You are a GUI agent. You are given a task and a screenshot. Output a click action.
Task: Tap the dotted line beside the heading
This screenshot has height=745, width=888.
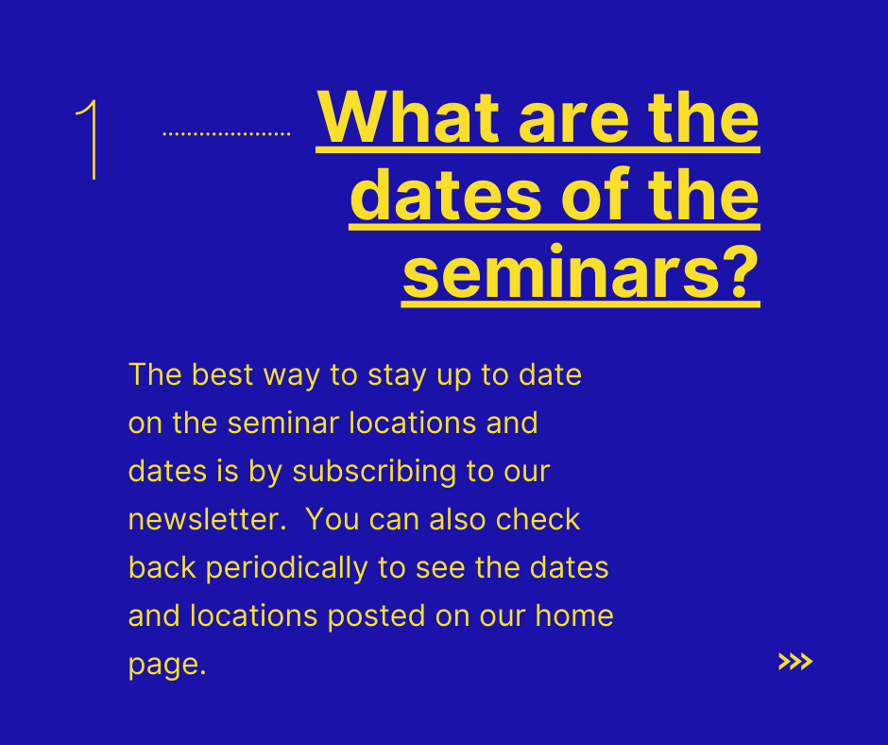coord(227,134)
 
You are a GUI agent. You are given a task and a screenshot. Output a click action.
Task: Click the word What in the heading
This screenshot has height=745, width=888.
coord(408,117)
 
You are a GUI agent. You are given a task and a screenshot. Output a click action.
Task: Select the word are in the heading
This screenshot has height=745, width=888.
coord(573,124)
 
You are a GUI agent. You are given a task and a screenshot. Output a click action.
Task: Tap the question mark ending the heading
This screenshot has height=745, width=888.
coord(742,270)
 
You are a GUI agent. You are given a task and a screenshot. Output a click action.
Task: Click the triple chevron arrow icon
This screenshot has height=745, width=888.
coord(795,662)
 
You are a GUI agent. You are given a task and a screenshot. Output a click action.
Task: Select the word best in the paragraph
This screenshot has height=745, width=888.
coord(223,374)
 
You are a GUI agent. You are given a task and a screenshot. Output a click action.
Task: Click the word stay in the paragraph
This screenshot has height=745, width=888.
coord(397,377)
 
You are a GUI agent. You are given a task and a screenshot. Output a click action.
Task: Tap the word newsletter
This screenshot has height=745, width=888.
coord(207,519)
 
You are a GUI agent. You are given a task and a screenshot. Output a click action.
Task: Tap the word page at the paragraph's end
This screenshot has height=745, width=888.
coord(167,666)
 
